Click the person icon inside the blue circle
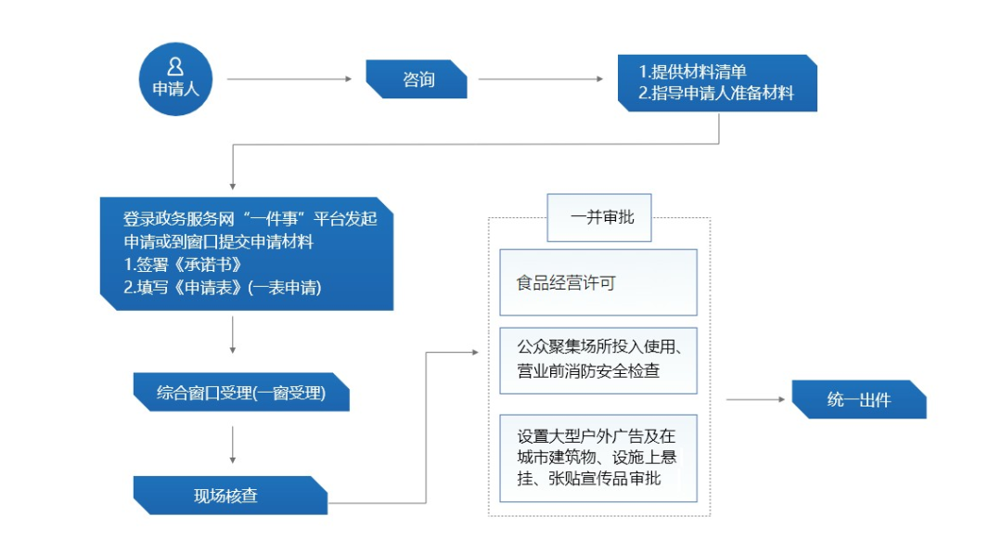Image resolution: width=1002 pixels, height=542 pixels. click(175, 67)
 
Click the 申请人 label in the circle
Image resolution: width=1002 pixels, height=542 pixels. click(175, 88)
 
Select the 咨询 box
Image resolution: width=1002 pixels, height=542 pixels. click(417, 79)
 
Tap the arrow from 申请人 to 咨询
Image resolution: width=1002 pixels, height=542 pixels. click(289, 79)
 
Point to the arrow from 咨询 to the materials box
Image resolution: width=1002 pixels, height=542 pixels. click(541, 79)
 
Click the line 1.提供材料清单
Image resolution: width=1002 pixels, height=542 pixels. click(693, 71)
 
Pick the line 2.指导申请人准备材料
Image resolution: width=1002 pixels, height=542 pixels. click(716, 94)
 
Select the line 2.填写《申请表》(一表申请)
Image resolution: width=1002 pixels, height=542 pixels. click(223, 288)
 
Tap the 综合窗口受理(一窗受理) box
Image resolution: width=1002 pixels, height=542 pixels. click(241, 392)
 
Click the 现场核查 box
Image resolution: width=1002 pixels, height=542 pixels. click(230, 496)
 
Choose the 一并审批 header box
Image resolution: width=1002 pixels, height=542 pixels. click(599, 217)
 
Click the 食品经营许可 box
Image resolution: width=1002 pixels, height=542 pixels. click(598, 282)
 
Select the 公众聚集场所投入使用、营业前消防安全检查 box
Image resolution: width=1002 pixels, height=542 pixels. click(598, 360)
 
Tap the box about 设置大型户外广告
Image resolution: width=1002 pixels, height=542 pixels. click(598, 458)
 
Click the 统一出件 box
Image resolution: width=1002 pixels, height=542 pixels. click(859, 399)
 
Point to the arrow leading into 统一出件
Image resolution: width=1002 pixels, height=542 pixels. click(756, 399)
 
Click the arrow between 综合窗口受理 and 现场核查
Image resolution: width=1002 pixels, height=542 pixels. click(233, 445)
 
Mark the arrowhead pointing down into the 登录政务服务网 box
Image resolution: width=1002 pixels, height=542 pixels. click(233, 186)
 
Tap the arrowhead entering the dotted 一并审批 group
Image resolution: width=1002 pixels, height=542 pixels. click(475, 352)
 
